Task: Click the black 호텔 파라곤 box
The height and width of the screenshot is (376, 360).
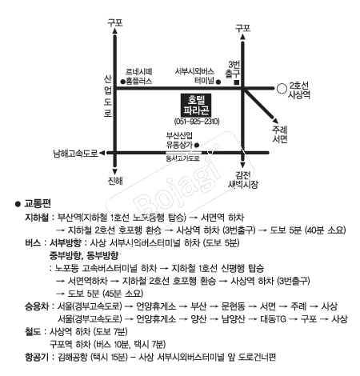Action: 196,105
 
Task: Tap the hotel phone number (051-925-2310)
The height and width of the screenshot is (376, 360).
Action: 197,122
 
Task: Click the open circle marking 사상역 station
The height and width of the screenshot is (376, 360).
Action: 282,89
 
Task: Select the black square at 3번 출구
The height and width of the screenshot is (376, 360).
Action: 236,82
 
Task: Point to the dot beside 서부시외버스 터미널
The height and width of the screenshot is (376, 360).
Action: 218,82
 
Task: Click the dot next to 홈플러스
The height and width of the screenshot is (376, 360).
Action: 123,82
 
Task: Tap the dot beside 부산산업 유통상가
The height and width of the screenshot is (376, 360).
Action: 197,146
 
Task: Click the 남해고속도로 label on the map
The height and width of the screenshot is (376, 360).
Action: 76,154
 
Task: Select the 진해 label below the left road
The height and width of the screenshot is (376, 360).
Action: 115,181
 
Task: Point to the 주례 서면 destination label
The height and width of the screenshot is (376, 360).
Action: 280,134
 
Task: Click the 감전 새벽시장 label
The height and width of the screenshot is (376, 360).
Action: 243,180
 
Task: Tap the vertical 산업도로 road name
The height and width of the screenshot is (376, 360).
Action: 108,96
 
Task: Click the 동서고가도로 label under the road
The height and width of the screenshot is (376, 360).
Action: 183,158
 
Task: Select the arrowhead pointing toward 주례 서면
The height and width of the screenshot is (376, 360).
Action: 275,120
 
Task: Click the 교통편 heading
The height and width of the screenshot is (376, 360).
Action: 38,204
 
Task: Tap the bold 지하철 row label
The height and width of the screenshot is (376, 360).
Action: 37,218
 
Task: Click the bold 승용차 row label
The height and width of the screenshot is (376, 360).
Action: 37,306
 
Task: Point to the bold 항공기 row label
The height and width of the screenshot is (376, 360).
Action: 37,357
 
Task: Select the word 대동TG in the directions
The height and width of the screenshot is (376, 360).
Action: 273,318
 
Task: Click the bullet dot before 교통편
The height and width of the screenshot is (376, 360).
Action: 18,204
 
